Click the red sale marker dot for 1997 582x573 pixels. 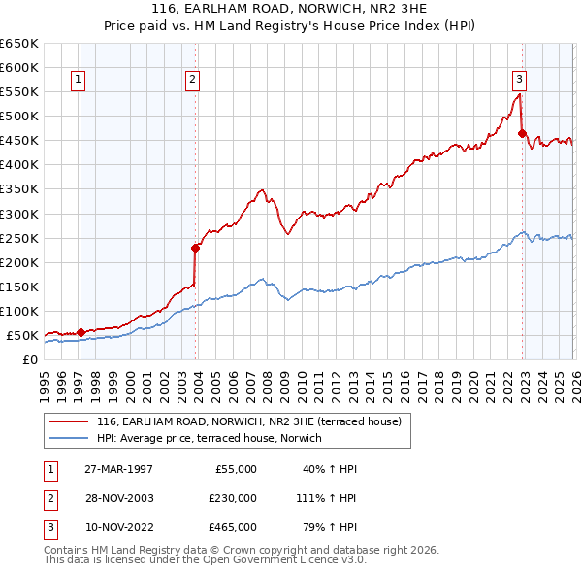[x=81, y=332]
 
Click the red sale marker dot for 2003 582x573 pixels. [x=195, y=248]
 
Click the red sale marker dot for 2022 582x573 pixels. [x=521, y=133]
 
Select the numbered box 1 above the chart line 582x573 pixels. [x=78, y=80]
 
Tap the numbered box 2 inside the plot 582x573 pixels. [x=193, y=80]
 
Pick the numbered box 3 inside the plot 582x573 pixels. [x=519, y=80]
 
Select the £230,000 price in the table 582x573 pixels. [x=232, y=498]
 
